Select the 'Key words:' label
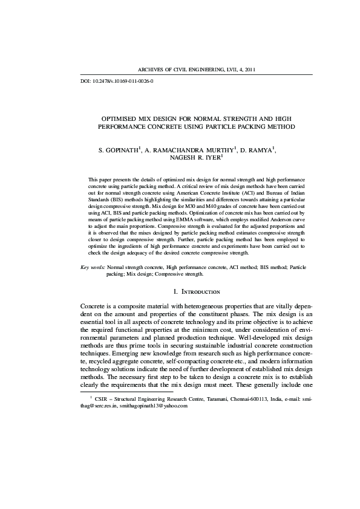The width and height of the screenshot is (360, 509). click(93, 267)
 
